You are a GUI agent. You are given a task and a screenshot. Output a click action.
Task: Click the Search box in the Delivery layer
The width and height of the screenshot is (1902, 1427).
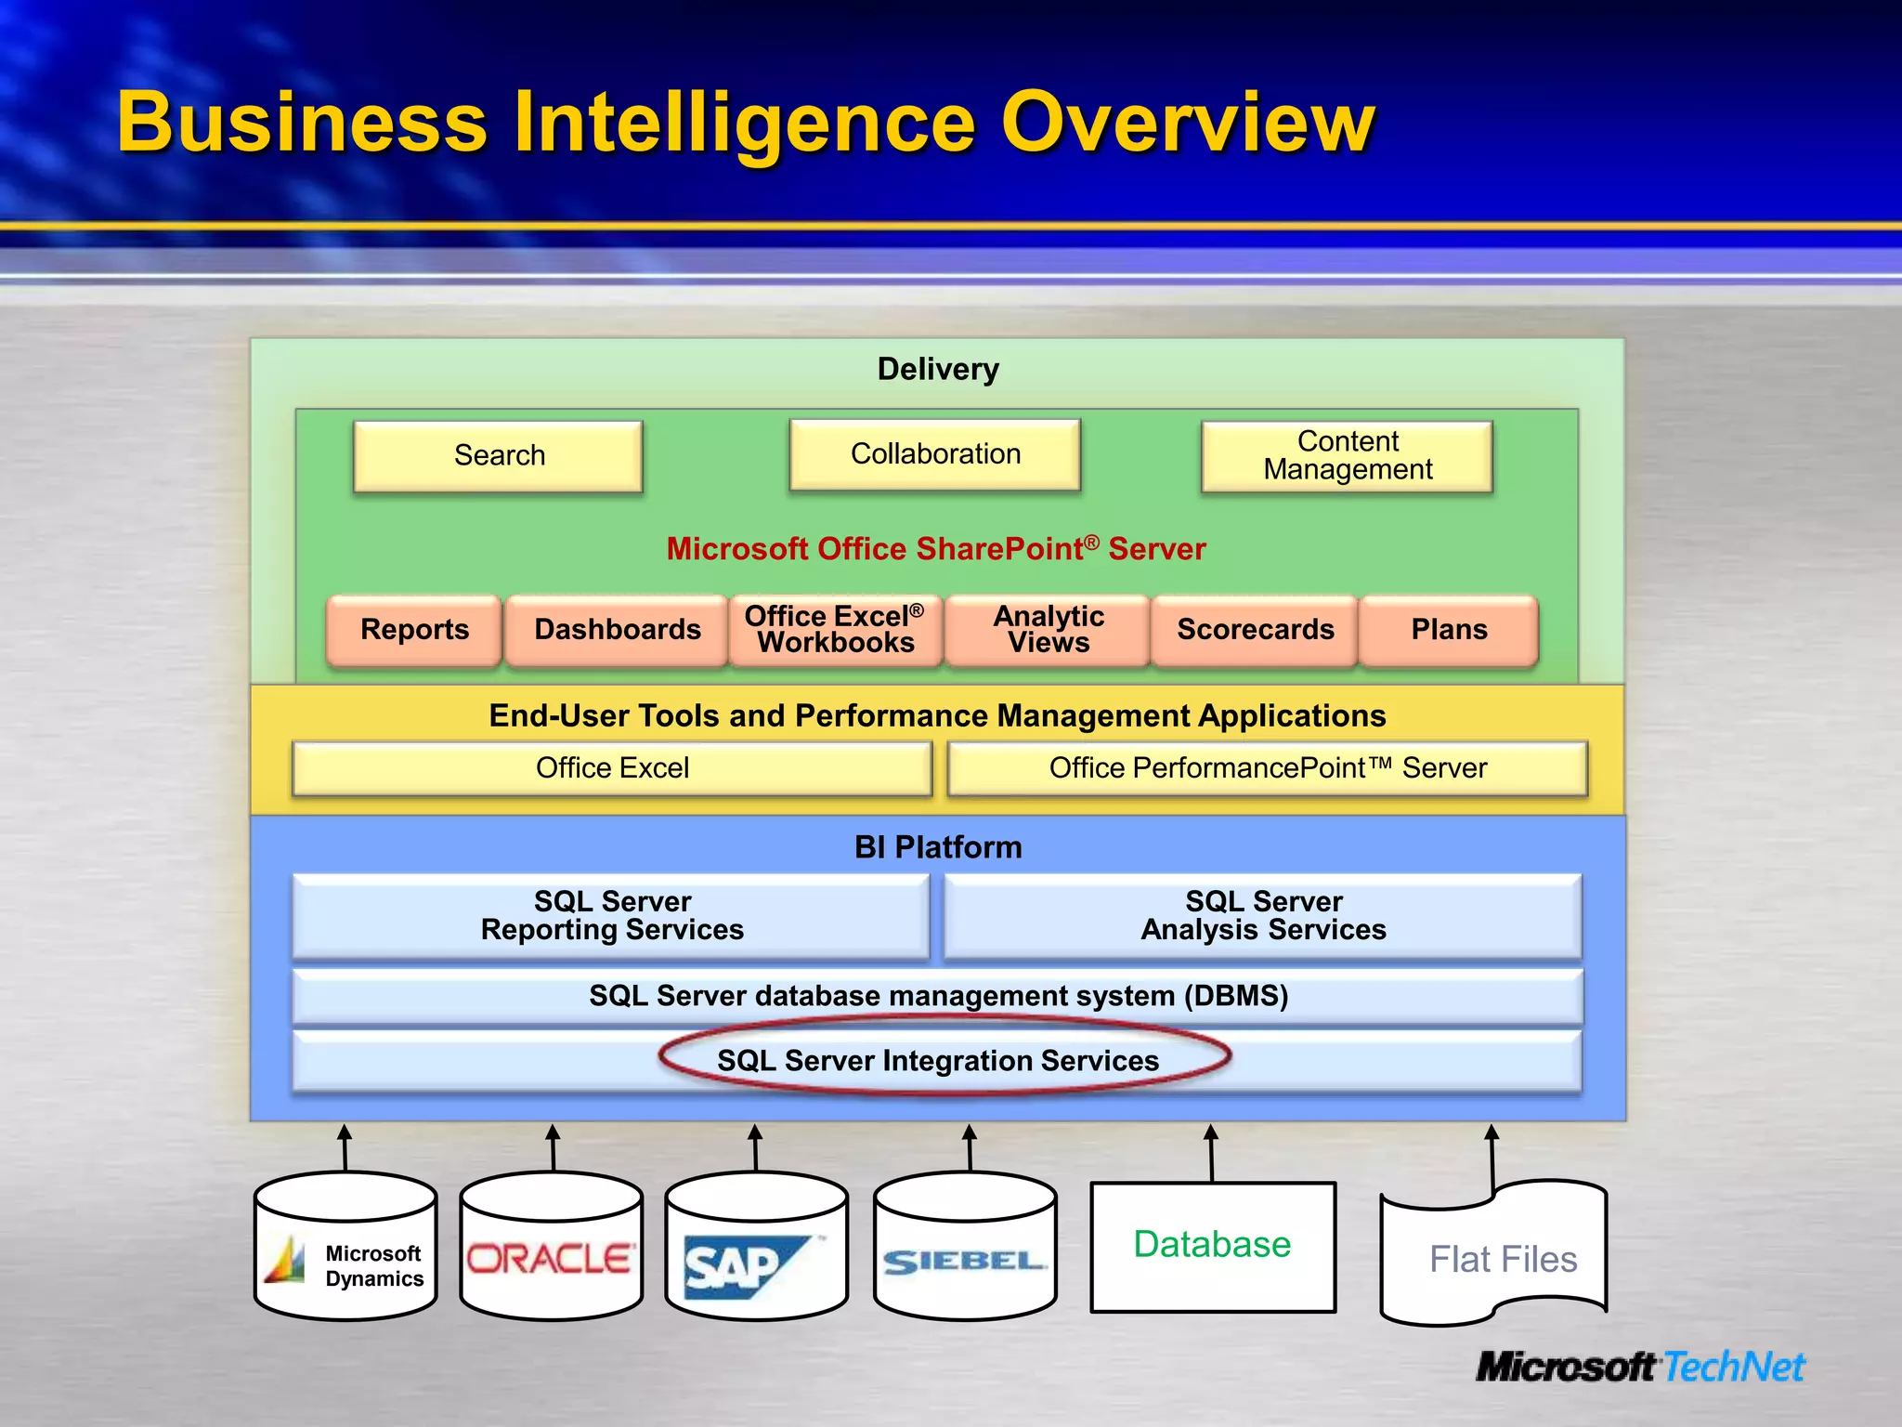pos(499,455)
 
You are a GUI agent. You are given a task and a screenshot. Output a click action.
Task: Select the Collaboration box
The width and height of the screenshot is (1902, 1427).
pos(935,454)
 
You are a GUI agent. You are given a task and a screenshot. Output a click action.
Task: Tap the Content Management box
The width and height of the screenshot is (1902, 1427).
pos(1348,455)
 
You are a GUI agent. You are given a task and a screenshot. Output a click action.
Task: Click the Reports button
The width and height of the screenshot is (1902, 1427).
pos(414,630)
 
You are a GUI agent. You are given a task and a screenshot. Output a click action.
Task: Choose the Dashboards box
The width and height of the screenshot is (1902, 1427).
pos(618,630)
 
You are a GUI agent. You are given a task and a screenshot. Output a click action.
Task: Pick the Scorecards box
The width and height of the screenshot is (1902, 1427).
pos(1255,630)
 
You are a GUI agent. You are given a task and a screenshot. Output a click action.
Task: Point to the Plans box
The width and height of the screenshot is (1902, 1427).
pos(1449,630)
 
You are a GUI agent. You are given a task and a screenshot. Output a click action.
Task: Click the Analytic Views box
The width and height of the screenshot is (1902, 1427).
pos(1049,630)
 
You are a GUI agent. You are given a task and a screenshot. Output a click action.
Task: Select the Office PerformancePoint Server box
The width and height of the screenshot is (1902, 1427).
pos(1268,768)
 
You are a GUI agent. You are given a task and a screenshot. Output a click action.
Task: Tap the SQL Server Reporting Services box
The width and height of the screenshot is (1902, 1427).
pos(612,916)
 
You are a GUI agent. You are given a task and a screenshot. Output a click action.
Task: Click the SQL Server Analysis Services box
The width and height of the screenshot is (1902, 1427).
pos(1263,916)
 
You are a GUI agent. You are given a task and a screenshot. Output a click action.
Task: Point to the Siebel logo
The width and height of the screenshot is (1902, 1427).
pos(964,1262)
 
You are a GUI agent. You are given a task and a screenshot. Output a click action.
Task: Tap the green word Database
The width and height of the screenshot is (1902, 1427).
pos(1212,1244)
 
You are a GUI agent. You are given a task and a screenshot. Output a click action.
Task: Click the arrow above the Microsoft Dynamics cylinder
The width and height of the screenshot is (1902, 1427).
pos(345,1147)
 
